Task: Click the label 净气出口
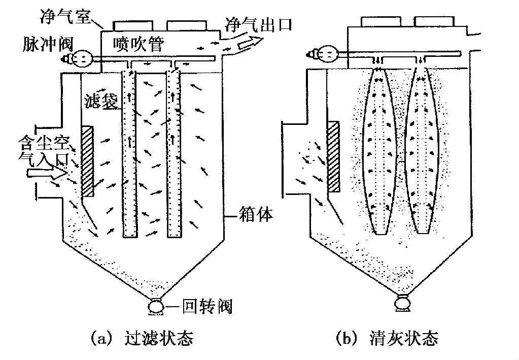[x=258, y=24]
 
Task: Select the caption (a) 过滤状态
[x=142, y=338]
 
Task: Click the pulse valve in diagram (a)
[x=80, y=58]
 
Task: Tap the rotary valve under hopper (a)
[x=155, y=307]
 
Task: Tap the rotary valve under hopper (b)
[x=402, y=303]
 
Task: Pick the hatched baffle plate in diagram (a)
[x=87, y=161]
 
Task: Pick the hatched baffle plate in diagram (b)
[x=334, y=156]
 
